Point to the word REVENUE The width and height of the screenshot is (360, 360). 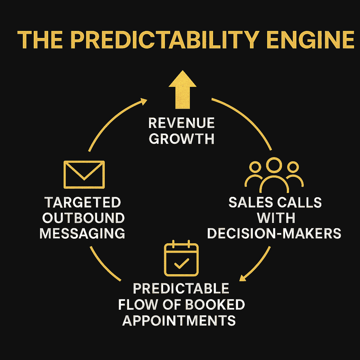pyautogui.click(x=181, y=123)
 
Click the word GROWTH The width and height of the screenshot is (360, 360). pyautogui.click(x=181, y=139)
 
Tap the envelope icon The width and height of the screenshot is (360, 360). pyautogui.click(x=84, y=174)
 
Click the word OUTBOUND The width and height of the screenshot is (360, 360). pyautogui.click(x=83, y=218)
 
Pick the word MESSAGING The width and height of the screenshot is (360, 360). pyautogui.click(x=82, y=233)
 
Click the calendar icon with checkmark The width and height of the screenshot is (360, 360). pyautogui.click(x=181, y=259)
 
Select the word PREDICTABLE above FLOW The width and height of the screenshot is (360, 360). pyautogui.click(x=181, y=289)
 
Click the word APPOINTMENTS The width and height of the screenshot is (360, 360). pyautogui.click(x=179, y=320)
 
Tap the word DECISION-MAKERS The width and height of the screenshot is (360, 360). pyautogui.click(x=274, y=233)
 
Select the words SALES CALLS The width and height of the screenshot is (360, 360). pyautogui.click(x=275, y=203)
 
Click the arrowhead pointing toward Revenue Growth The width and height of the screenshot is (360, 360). pyautogui.click(x=143, y=101)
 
